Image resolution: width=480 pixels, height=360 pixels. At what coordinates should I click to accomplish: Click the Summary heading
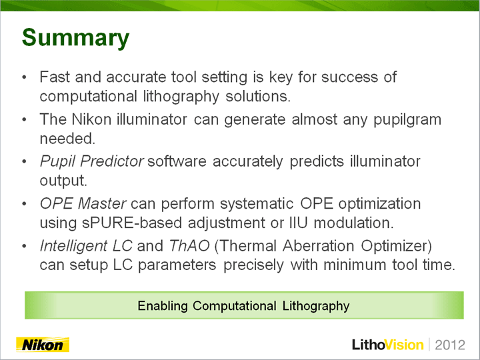(x=75, y=38)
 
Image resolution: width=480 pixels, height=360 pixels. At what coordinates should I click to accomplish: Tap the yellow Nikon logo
(x=43, y=345)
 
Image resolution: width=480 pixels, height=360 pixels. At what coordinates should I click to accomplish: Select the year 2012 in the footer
(x=450, y=345)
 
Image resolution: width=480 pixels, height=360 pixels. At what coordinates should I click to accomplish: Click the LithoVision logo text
(x=388, y=345)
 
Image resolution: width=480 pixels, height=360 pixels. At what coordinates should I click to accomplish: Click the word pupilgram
(x=407, y=120)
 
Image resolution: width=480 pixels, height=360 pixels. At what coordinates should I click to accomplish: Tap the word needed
(x=67, y=139)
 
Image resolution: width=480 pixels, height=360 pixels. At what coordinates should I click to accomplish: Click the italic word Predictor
(x=111, y=161)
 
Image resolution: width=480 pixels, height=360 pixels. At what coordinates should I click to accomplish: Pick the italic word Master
(x=102, y=203)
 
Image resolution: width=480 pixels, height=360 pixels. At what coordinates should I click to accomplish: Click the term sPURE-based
(x=131, y=223)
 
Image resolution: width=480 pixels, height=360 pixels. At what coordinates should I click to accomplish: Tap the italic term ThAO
(x=189, y=246)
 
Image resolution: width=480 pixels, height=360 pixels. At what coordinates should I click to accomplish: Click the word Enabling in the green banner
(x=163, y=306)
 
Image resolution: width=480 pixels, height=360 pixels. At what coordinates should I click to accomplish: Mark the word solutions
(x=258, y=96)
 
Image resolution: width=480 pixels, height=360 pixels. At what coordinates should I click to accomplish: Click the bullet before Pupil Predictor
(x=24, y=161)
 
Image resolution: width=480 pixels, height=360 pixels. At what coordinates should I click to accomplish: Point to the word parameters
(x=177, y=265)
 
